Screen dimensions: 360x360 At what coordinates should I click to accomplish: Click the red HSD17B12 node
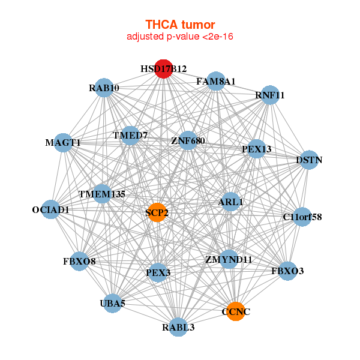click(x=163, y=69)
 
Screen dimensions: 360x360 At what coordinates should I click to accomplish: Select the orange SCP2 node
click(x=157, y=212)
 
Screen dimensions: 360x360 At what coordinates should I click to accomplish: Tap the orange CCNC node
click(x=236, y=311)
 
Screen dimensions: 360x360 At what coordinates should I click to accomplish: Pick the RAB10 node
click(x=104, y=88)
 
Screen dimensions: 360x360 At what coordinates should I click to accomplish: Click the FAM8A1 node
click(x=216, y=81)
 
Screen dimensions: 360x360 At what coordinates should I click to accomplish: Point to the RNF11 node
click(x=270, y=95)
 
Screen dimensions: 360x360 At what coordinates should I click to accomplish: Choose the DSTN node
click(x=309, y=160)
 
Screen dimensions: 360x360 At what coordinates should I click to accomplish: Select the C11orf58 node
click(x=302, y=217)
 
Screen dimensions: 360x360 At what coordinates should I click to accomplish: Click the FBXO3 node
click(x=287, y=271)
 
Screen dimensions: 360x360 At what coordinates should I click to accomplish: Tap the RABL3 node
click(x=178, y=327)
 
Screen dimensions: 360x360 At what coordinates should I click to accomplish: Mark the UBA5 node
click(x=113, y=303)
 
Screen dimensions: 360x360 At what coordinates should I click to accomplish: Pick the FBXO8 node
click(x=79, y=261)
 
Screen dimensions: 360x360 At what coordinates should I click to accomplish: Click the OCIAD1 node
click(x=51, y=209)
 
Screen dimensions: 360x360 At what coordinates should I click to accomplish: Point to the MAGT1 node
click(x=63, y=143)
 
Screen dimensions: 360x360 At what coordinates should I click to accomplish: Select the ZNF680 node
click(x=188, y=140)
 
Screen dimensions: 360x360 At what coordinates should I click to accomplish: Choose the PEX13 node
click(x=256, y=149)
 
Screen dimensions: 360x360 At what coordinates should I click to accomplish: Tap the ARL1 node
click(x=230, y=202)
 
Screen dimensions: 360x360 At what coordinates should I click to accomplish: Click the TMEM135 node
click(x=102, y=194)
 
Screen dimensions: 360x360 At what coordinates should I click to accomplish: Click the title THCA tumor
click(x=180, y=25)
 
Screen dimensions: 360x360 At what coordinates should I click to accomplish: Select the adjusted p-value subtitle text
click(x=180, y=37)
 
